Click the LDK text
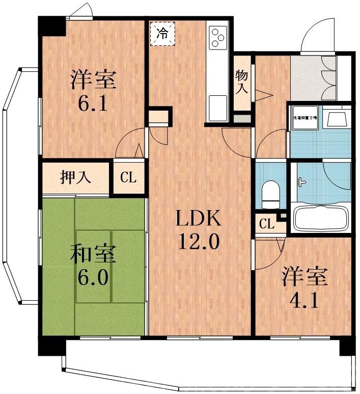tap(198, 219)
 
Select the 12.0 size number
tap(198, 241)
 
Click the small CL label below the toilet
tap(265, 223)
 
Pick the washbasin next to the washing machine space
tap(336, 118)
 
